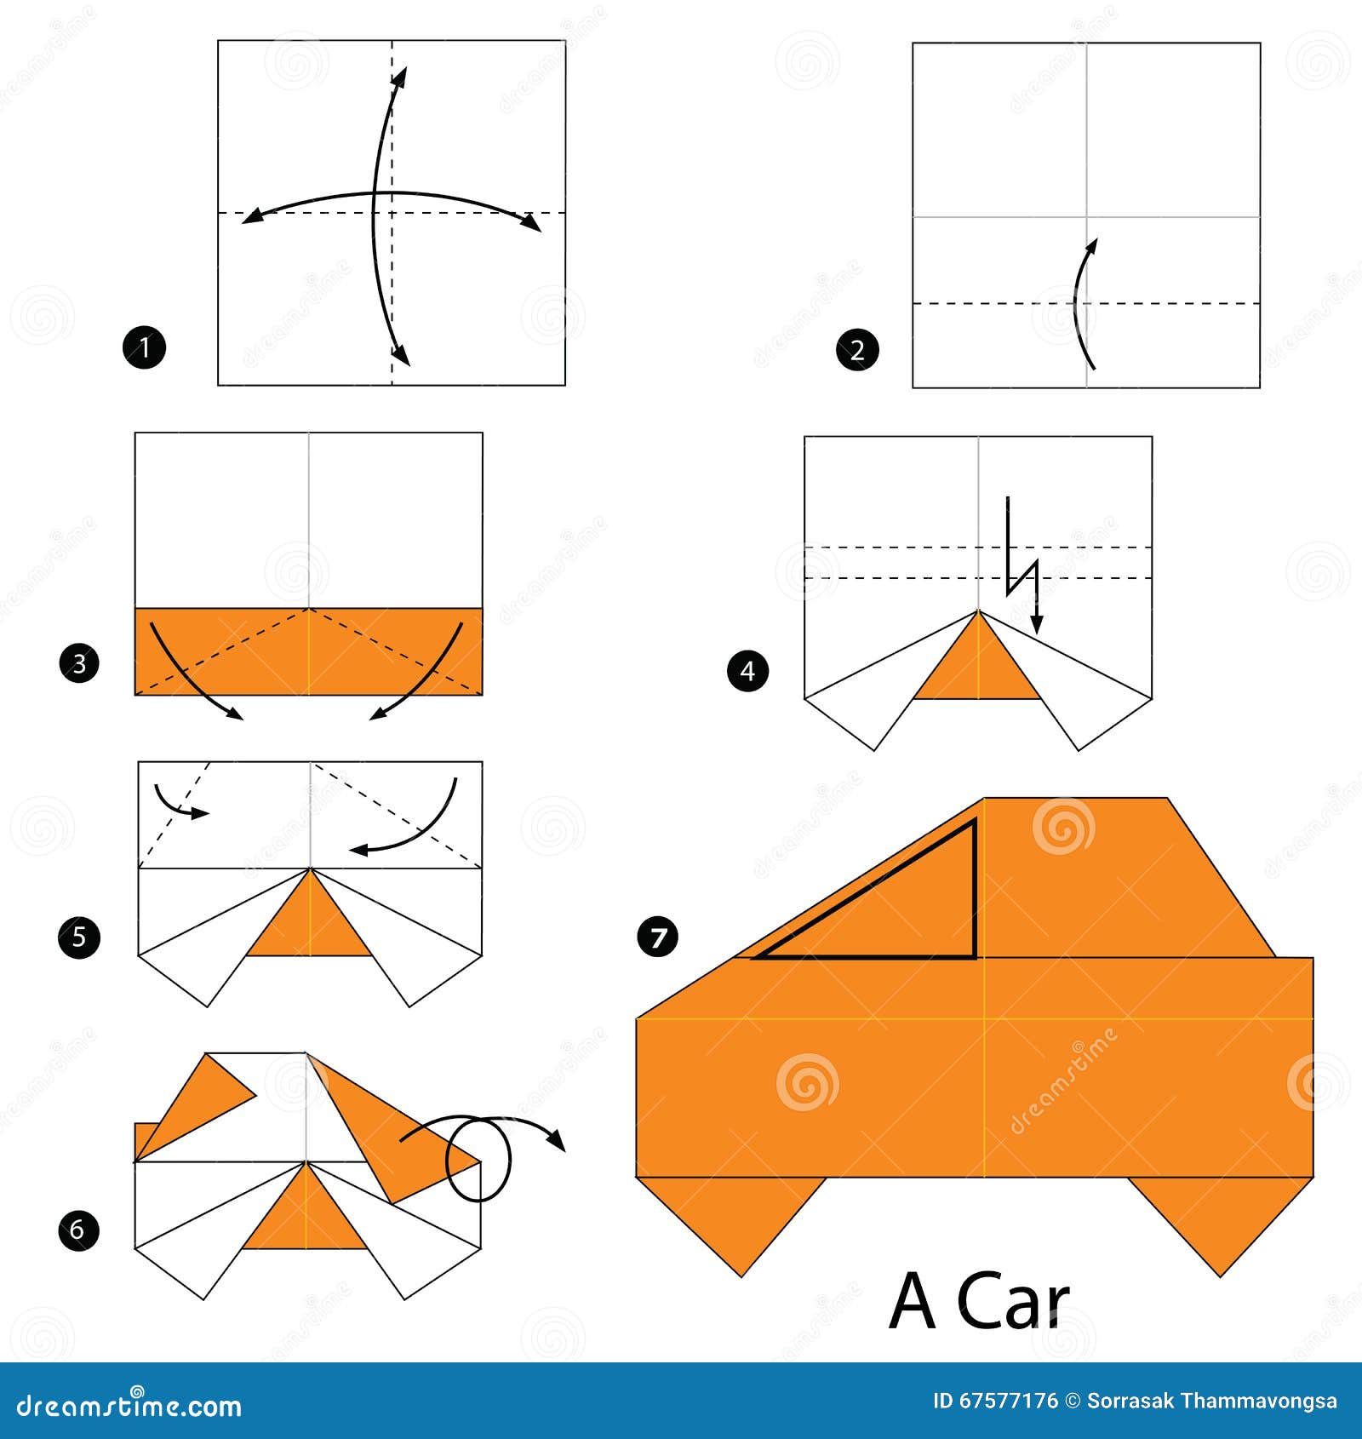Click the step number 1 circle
(x=144, y=347)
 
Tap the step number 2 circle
(x=857, y=349)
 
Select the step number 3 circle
(x=79, y=662)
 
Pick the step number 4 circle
(x=747, y=671)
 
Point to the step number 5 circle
(x=79, y=937)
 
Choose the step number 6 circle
(x=78, y=1230)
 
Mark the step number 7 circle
(x=657, y=937)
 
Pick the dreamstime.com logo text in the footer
(x=129, y=1406)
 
